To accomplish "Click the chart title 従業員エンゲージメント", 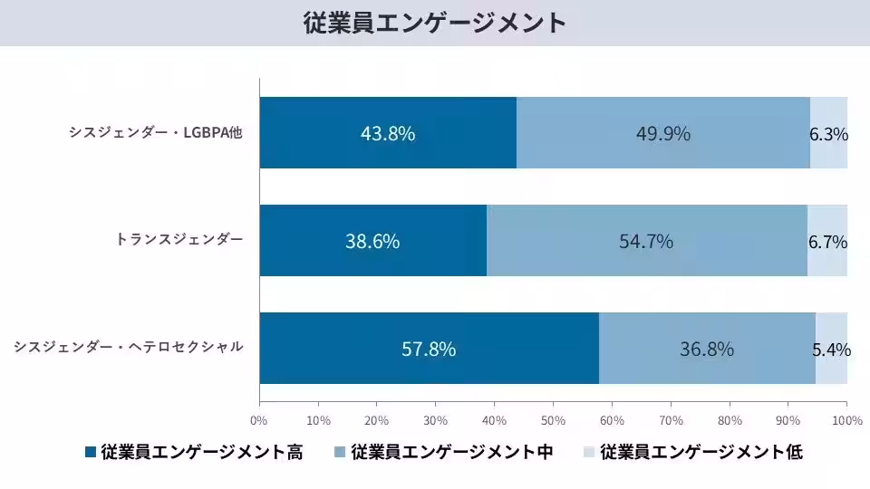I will (x=435, y=23).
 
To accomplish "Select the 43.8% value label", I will (x=388, y=133).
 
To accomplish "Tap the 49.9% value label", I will (x=663, y=133).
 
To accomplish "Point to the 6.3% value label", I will (x=828, y=135).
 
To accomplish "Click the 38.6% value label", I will (x=372, y=242).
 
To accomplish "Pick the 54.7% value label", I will (x=646, y=242).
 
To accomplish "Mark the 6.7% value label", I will (x=827, y=243).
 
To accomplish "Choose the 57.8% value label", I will (x=429, y=350).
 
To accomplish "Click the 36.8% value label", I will (x=707, y=350).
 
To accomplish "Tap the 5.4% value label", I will (x=830, y=350).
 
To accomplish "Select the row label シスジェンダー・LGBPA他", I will (x=156, y=133).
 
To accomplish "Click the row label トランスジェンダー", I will (x=179, y=240).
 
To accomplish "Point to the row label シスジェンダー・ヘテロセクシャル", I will (x=129, y=347).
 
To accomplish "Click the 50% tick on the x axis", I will (x=553, y=420).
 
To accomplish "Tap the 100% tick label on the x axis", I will (x=846, y=420).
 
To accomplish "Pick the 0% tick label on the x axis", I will (x=259, y=420).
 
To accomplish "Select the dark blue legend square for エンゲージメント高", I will (x=90, y=452).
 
